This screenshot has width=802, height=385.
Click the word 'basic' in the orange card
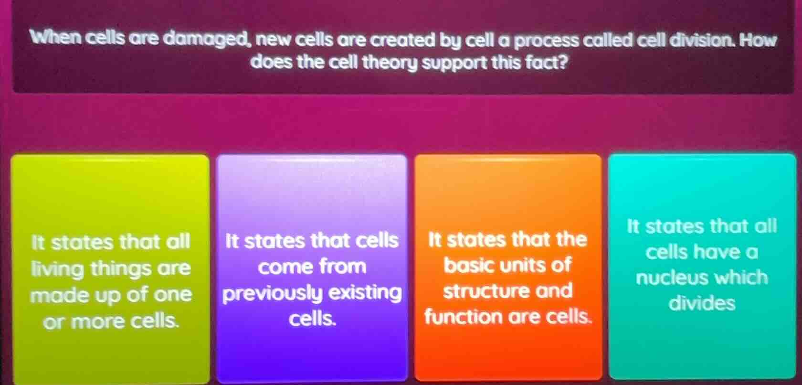pyautogui.click(x=467, y=264)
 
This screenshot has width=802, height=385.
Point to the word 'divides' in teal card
pyautogui.click(x=702, y=303)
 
